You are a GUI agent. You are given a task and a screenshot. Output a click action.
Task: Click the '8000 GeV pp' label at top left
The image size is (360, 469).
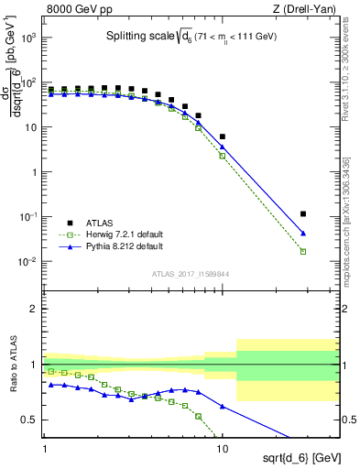point(76,9)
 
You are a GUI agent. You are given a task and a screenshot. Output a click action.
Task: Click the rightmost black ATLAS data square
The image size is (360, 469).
point(303,213)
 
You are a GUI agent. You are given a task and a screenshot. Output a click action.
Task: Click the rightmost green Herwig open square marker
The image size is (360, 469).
point(303,251)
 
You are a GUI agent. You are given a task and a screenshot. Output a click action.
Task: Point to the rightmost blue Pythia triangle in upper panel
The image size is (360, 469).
point(303,234)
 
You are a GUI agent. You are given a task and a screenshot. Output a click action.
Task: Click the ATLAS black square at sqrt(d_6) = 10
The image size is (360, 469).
point(223,136)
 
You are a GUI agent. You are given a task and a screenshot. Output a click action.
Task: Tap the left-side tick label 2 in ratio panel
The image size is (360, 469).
point(34,309)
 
